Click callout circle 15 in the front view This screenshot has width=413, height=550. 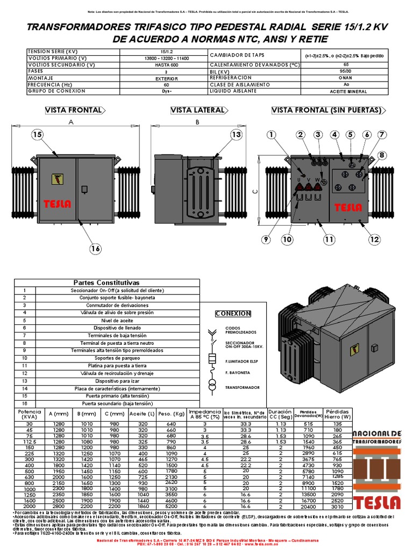[37, 135]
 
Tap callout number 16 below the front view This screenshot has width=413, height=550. [96, 248]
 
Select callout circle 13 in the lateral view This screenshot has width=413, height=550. [237, 135]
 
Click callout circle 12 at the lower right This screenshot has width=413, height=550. [374, 239]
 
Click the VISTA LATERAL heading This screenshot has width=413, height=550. [197, 110]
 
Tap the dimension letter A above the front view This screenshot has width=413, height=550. [71, 122]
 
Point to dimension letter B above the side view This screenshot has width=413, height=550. [197, 122]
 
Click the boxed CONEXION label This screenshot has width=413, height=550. [233, 314]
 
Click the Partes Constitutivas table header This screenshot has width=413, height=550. [106, 283]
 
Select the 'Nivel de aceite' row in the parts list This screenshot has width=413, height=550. [110, 320]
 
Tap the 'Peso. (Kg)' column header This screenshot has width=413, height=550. [172, 414]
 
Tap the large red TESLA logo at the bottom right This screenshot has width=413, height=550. [376, 501]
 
